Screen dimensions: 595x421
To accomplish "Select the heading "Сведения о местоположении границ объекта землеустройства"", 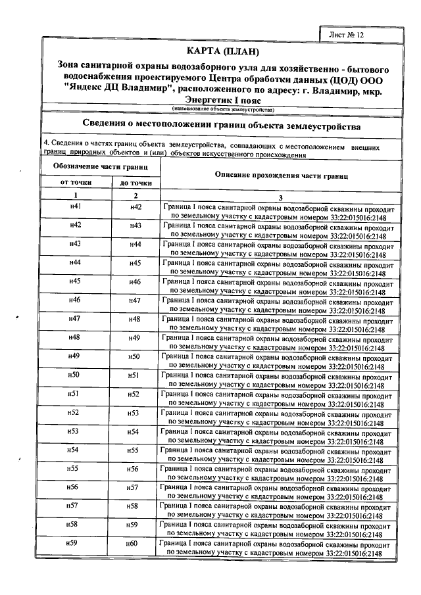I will coord(223,126).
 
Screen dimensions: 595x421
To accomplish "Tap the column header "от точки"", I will coord(75,182).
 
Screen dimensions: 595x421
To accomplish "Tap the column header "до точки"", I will coord(135,183).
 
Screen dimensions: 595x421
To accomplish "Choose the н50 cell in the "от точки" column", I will coord(75,375).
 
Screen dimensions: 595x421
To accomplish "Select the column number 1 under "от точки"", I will coord(75,196).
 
